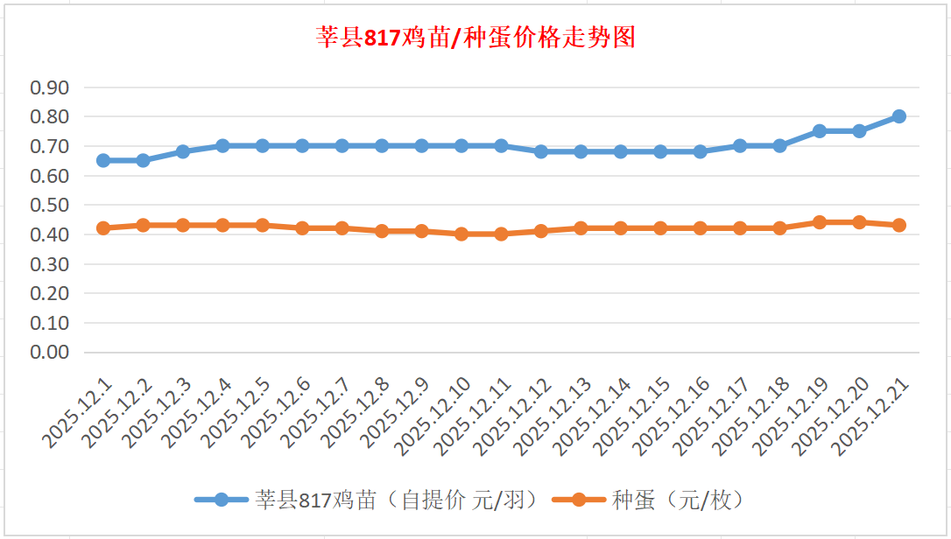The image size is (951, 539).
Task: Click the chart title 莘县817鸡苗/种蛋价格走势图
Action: point(475,38)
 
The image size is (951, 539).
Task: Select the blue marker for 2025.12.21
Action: point(898,116)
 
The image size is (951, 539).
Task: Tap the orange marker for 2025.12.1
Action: point(103,228)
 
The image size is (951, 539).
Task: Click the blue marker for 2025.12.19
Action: point(820,131)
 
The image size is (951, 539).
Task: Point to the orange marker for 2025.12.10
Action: point(461,234)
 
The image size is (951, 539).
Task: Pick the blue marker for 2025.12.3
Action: point(183,151)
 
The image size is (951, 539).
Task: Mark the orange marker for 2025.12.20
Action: point(859,222)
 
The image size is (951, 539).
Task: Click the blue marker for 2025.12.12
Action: point(541,151)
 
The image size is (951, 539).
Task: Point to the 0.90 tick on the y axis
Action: point(50,87)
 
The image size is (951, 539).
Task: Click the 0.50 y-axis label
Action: point(50,205)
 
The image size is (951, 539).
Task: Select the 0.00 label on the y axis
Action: point(50,352)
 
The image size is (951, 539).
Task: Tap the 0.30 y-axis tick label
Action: point(50,263)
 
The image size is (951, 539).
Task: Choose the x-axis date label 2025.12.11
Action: point(474,416)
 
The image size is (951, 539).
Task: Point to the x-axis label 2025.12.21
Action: point(871,416)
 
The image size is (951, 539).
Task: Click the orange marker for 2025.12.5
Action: point(262,226)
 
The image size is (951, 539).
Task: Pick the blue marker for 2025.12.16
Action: point(700,151)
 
